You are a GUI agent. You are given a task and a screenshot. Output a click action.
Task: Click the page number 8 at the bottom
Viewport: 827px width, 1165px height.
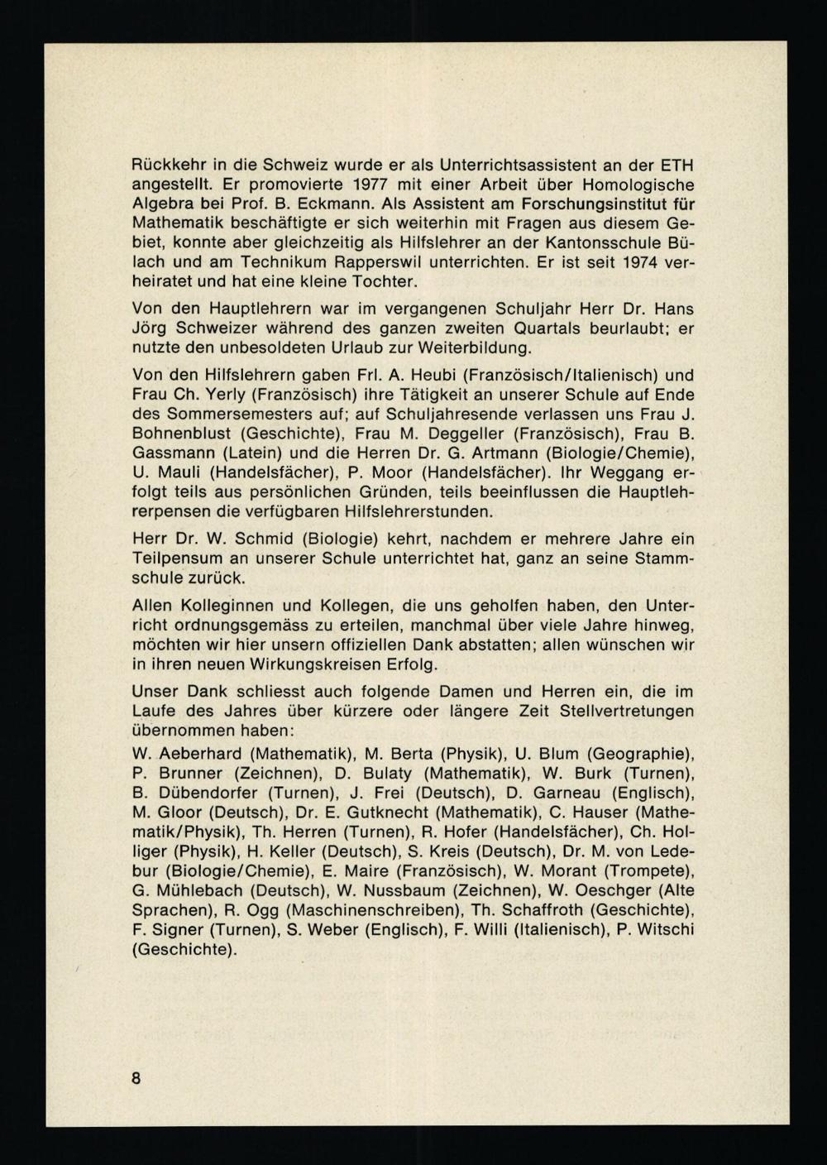pos(136,1078)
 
